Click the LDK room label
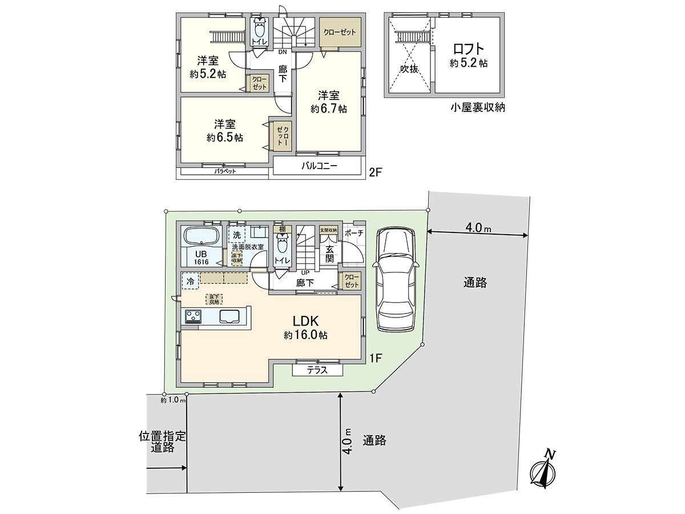(305, 322)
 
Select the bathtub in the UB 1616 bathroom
(200, 236)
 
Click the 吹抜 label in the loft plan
(409, 69)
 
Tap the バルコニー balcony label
(320, 166)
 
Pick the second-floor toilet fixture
(260, 29)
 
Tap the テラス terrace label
(317, 370)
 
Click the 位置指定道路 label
(163, 442)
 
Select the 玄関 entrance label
(329, 254)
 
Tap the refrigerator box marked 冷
(190, 281)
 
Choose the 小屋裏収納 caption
(477, 107)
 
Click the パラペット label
(225, 171)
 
